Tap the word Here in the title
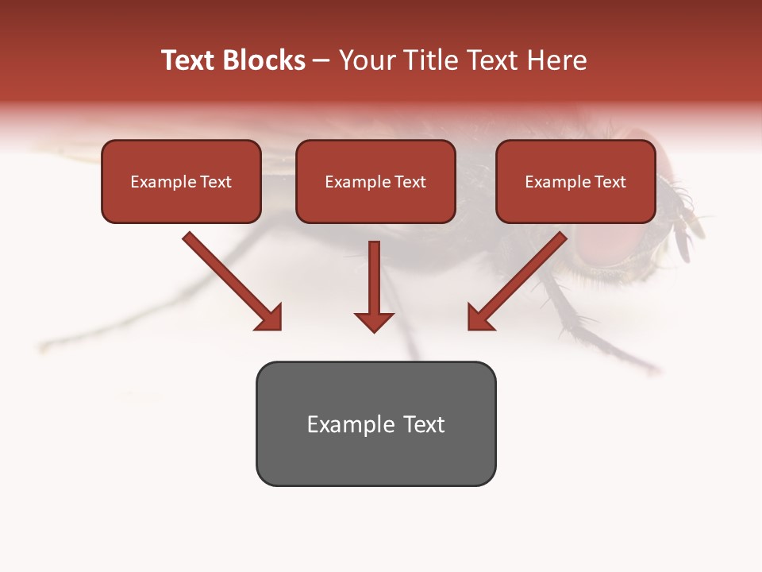pos(556,60)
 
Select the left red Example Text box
pos(181,182)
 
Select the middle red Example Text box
pos(375,182)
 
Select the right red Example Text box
pos(575,182)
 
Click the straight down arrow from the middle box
pos(374,286)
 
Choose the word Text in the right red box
pos(610,182)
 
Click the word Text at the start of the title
pos(188,60)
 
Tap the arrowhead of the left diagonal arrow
pos(270,317)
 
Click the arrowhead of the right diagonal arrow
pos(479,317)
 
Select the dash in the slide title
pos(321,60)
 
